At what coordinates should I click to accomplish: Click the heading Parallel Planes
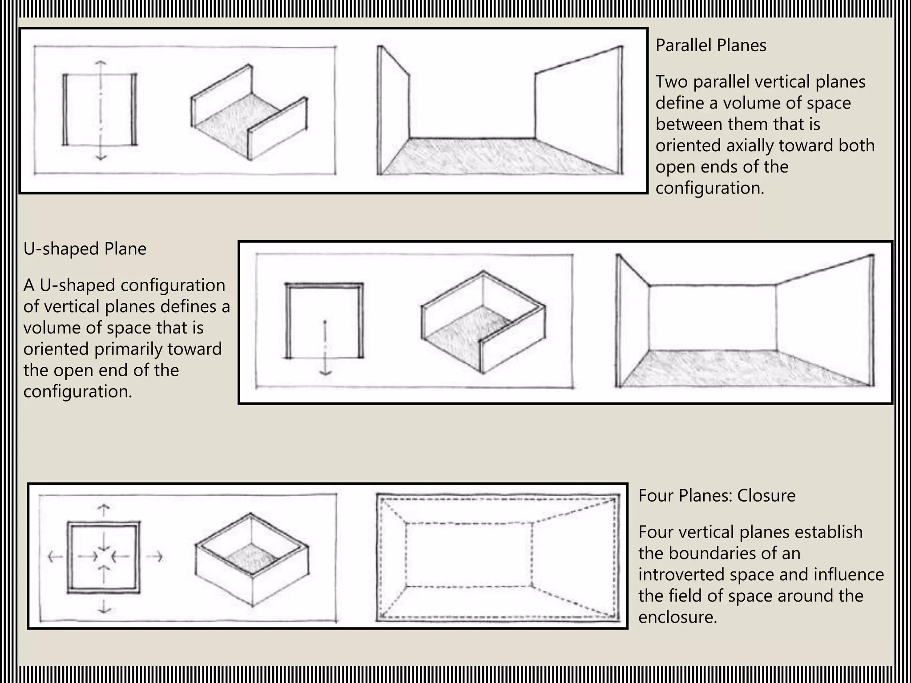(710, 45)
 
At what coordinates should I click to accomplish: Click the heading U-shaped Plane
(85, 249)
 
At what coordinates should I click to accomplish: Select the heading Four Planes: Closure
(717, 495)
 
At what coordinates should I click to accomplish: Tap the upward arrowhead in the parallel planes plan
(101, 64)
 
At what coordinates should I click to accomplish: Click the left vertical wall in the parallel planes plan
(65, 109)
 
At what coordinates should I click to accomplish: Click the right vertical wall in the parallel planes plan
(134, 109)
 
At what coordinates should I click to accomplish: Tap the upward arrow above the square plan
(104, 510)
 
